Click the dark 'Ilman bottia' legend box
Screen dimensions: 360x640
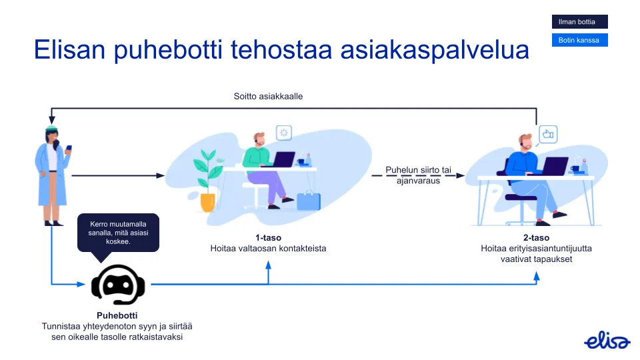coord(579,22)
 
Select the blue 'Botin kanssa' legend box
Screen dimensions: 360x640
coord(579,40)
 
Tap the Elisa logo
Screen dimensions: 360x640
coord(607,341)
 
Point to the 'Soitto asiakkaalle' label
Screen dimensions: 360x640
coord(268,97)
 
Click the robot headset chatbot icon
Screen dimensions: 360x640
coord(118,284)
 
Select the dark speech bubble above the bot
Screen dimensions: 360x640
coord(119,233)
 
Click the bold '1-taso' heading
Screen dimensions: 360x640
coord(267,238)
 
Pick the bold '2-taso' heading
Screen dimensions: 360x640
coord(536,238)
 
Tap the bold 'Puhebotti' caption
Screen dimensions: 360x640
coord(117,315)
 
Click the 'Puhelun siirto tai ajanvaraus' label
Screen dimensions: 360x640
coord(418,175)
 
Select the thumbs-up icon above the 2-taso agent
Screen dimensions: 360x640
coord(548,134)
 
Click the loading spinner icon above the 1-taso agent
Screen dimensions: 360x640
coord(285,133)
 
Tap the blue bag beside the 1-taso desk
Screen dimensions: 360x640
coord(308,201)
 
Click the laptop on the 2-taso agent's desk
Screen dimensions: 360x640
coord(554,166)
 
